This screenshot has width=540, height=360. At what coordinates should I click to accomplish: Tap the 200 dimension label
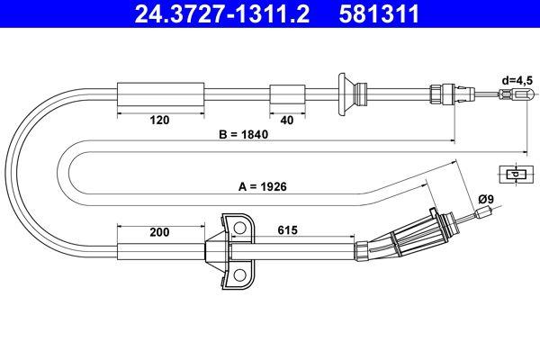point(159,232)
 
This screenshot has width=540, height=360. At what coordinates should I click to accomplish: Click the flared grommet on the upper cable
point(345,94)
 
